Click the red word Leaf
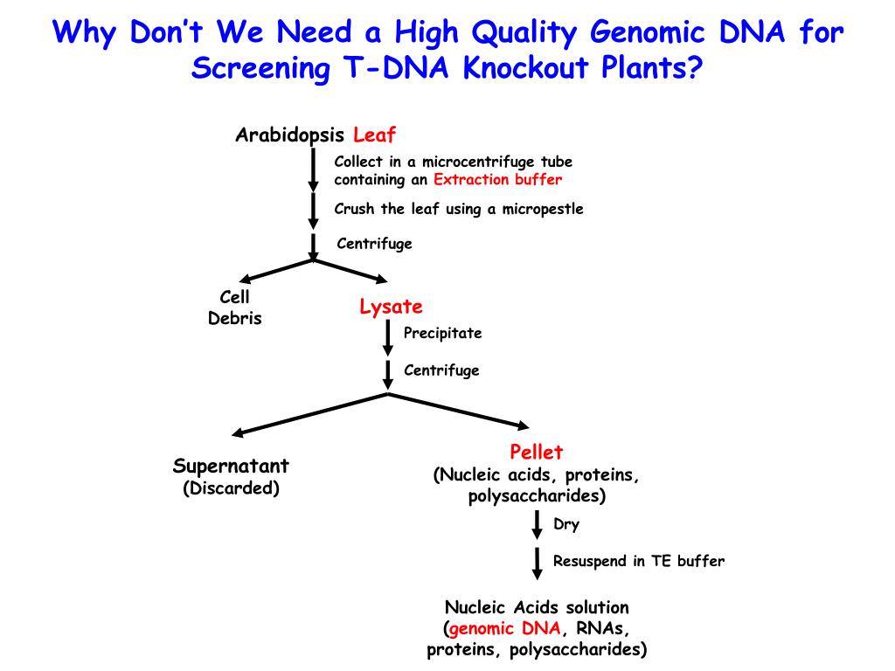coord(374,135)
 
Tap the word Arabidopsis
coord(290,135)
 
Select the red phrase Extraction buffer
coord(497,180)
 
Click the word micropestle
coord(542,210)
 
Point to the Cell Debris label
coord(234,308)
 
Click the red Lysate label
coord(391,307)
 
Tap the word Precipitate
coord(442,334)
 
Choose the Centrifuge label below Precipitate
coord(441,370)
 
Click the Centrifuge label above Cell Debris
coord(374,244)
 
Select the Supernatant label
coord(231,466)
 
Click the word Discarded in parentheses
coord(231,488)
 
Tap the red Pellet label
coord(537,453)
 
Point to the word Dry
coord(566,525)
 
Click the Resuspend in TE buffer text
coord(638,562)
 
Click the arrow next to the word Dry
coord(537,526)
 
